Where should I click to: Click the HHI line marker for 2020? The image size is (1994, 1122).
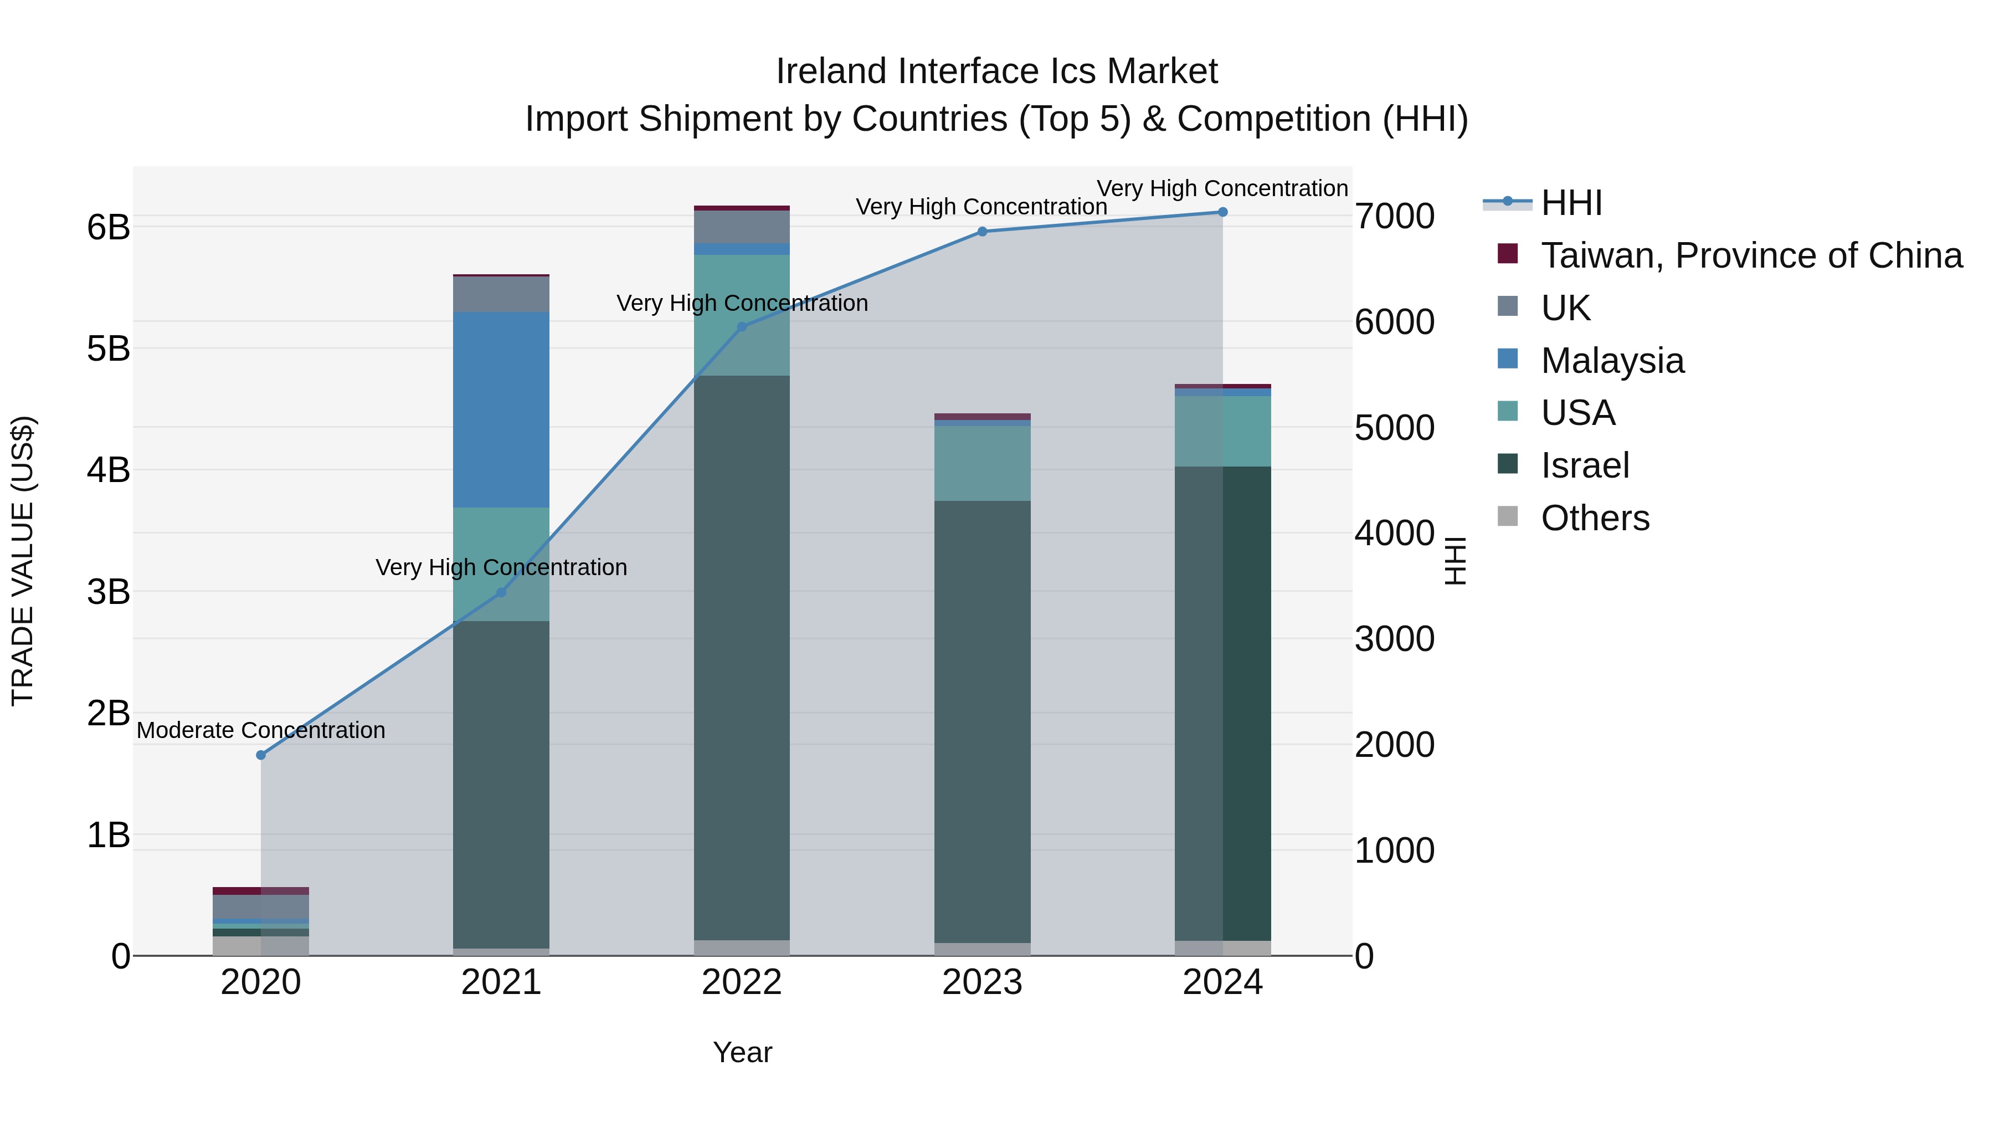pos(261,755)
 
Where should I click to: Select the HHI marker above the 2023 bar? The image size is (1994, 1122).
pos(982,232)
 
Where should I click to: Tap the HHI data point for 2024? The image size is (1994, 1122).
pos(1223,212)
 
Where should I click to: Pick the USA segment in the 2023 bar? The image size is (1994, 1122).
pos(982,463)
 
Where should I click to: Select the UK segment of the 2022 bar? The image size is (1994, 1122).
pos(742,227)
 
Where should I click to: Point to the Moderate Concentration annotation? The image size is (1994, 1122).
pos(261,730)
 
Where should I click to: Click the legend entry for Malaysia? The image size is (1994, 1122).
pos(1612,361)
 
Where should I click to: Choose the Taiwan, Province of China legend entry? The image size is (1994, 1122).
pos(1751,255)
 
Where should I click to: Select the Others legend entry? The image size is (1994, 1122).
pos(1595,518)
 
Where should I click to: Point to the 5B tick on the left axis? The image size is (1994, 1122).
pos(109,349)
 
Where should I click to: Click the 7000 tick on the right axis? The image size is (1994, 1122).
pos(1394,216)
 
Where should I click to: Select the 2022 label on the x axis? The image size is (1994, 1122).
pos(742,982)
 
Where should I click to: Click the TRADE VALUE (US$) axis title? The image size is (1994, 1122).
pos(23,561)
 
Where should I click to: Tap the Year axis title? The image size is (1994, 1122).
pos(742,1052)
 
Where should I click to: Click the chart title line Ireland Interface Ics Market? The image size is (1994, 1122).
pos(996,71)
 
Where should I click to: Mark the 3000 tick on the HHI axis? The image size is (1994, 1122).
pos(1394,639)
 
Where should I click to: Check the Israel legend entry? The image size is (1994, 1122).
pos(1585,465)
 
